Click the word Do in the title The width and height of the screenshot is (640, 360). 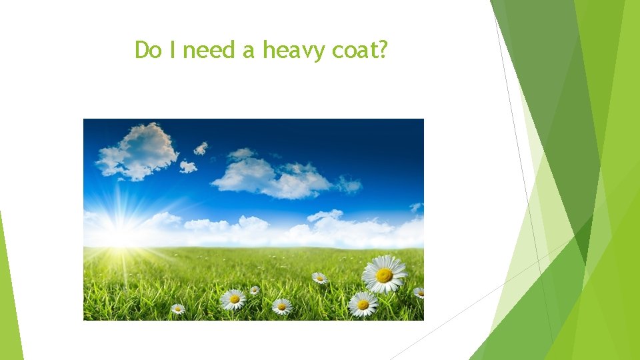coord(148,50)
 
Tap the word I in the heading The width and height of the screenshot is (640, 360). coord(172,50)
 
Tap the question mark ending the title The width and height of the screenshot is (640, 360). coord(383,50)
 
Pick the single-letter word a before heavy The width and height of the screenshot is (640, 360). coord(249,51)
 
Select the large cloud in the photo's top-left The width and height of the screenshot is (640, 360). coord(138,151)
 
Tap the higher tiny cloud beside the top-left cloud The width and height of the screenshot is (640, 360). coord(201,148)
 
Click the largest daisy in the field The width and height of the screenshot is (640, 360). coord(384,274)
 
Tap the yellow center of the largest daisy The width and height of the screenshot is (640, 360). coord(384,275)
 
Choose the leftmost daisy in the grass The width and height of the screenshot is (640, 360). coord(177,309)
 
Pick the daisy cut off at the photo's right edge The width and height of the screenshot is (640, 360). coord(419,292)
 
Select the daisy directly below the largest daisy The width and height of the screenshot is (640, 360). coord(363,304)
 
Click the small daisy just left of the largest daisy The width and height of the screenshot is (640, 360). coord(320,277)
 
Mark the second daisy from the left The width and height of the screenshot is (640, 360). coord(233,299)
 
